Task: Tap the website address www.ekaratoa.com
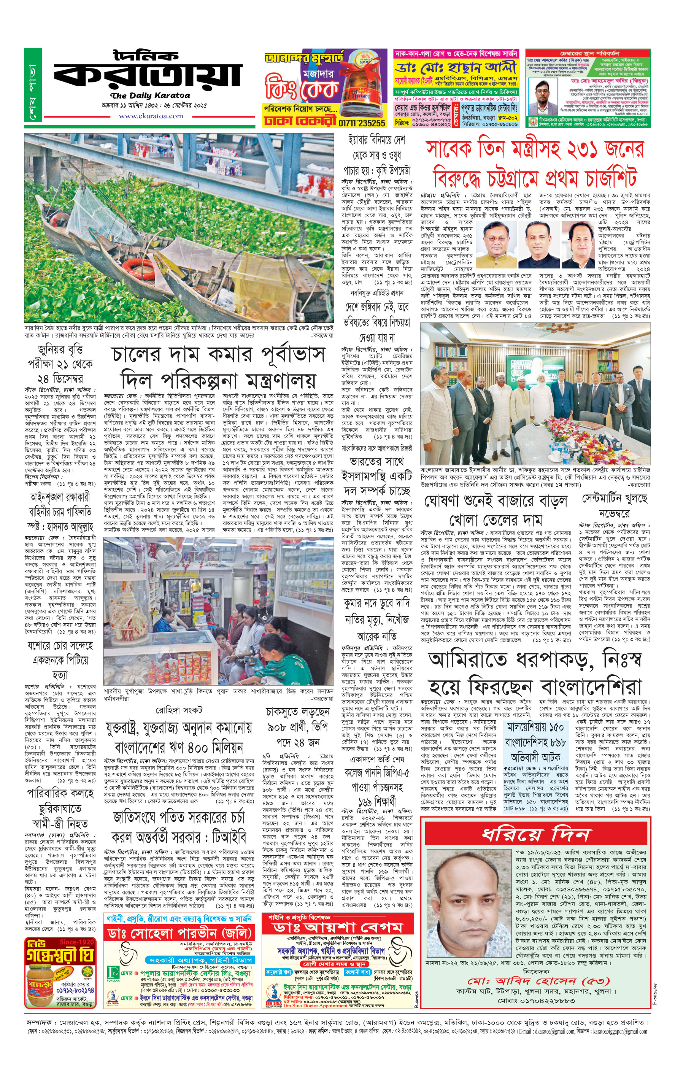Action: [151, 116]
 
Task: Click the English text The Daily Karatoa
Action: [150, 95]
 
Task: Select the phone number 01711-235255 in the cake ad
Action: [361, 123]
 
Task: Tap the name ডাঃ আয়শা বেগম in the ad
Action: [338, 928]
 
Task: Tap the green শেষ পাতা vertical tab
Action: [33, 85]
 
